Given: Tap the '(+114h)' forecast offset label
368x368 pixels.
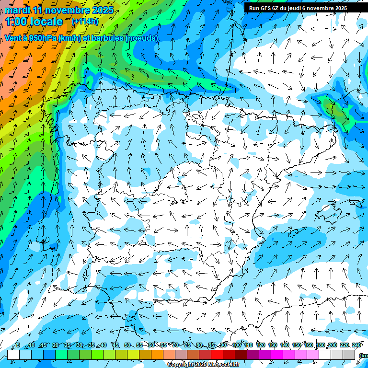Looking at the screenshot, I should [x=85, y=22].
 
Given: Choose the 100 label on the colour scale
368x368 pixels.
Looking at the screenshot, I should [x=236, y=345].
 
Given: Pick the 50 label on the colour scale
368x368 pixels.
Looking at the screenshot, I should [x=127, y=345].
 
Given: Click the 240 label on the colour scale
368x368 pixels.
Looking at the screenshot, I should [x=356, y=345].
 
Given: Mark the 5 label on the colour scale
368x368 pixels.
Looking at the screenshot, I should [x=18, y=345].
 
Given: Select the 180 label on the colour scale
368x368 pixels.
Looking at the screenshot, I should [x=320, y=345].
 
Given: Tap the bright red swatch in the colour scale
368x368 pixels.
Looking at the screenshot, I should [x=217, y=355].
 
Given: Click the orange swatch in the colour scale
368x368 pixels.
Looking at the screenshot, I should [x=157, y=355].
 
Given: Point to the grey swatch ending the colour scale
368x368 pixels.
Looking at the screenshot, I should [x=349, y=355].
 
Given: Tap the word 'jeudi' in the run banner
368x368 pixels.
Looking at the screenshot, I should [x=292, y=8].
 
